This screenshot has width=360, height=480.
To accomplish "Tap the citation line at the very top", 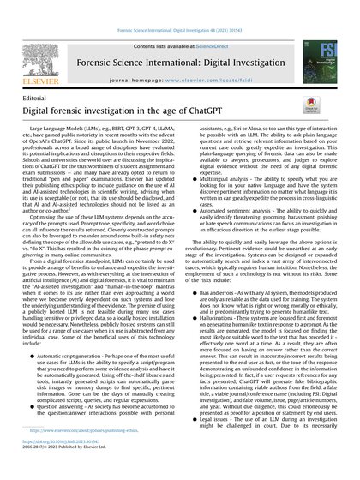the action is (x=180, y=8).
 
